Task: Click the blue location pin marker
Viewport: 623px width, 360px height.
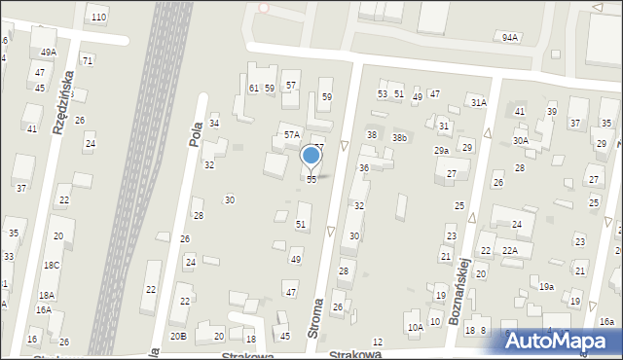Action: coord(311,156)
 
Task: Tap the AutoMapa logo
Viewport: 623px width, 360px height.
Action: coord(562,341)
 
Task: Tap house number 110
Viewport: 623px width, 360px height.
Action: coord(97,18)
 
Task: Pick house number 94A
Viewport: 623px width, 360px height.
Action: coord(509,37)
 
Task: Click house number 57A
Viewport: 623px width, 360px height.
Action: coord(291,134)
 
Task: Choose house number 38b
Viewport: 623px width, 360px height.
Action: coord(399,138)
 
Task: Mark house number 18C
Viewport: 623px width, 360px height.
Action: coord(51,265)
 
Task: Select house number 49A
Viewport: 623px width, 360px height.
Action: coord(48,53)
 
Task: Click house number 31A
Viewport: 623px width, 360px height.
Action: coord(478,102)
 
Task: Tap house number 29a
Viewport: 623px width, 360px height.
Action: coord(441,151)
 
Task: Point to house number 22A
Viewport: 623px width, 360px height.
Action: coord(509,251)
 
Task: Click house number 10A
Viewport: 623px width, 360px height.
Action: coord(416,328)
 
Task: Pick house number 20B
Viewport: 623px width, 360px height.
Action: coord(178,336)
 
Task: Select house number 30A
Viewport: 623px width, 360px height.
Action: coord(521,141)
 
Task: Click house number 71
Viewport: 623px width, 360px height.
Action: coord(88,60)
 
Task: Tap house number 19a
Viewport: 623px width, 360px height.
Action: coord(547,286)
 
